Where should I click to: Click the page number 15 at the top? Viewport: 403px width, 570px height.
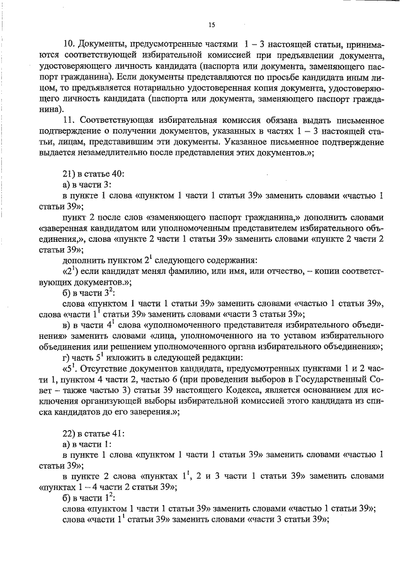tap(212, 25)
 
